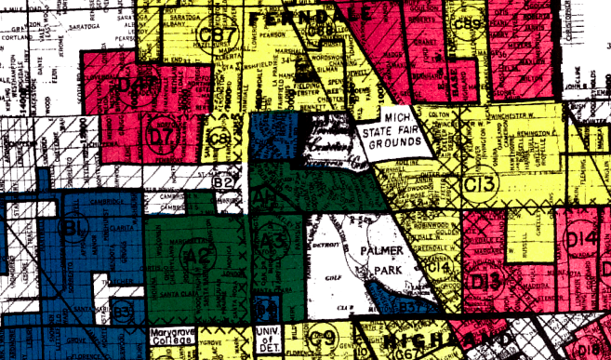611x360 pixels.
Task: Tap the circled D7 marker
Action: [x=164, y=136]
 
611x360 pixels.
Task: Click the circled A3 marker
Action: [x=272, y=241]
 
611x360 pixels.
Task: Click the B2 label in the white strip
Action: [x=221, y=182]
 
